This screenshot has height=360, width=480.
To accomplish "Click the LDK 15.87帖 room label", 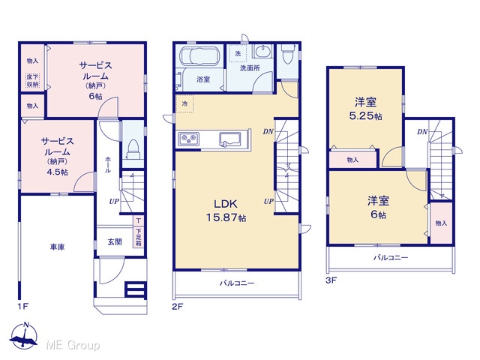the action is [x=226, y=211].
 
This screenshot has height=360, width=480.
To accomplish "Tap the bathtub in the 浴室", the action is [x=199, y=56].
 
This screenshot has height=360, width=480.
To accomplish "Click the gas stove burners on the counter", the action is [x=189, y=139].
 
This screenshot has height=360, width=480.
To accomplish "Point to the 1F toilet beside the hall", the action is [x=133, y=148].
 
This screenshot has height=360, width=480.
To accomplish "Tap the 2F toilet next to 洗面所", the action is [x=287, y=54].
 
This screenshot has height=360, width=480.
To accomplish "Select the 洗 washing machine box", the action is [x=238, y=53].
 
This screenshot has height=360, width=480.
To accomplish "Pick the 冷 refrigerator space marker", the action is [x=184, y=103].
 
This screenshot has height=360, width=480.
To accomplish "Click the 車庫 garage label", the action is [x=57, y=247].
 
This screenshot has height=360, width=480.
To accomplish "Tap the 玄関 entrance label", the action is [x=115, y=241].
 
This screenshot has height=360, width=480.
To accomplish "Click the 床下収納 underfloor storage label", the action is [x=32, y=81].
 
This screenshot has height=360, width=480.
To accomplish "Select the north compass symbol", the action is [x=24, y=335].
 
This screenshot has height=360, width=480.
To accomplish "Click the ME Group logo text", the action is [x=73, y=345].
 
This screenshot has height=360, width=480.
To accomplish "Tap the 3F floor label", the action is [x=331, y=280].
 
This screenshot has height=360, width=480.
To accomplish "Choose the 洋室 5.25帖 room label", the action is [x=365, y=108].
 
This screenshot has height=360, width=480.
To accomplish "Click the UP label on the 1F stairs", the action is [x=114, y=202].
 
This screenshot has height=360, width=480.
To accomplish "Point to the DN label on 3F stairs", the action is [x=422, y=132].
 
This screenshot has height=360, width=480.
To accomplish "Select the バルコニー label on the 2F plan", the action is [x=237, y=283].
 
